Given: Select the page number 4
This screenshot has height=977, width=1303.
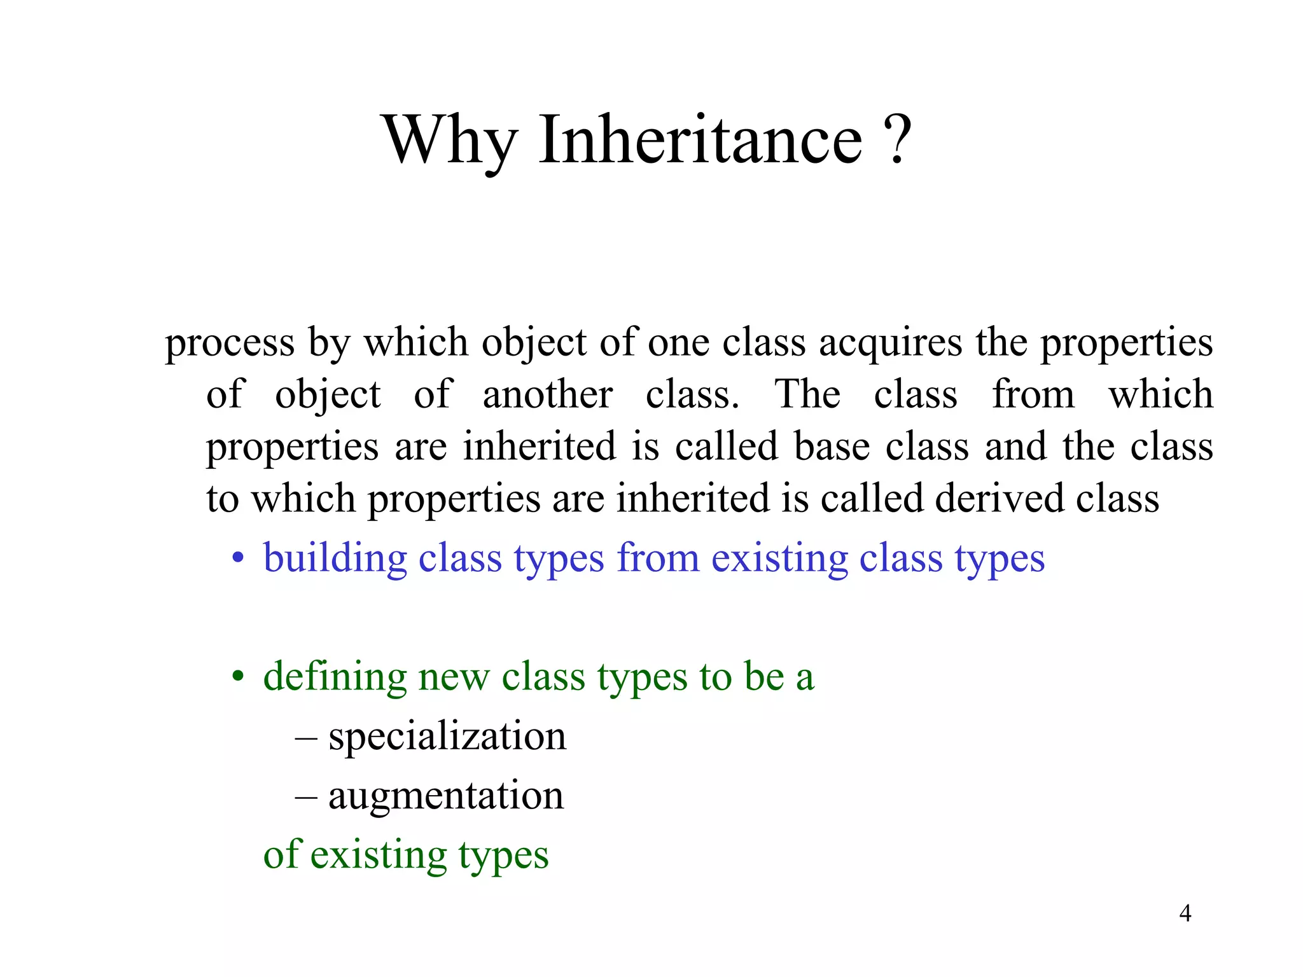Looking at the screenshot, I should (1185, 913).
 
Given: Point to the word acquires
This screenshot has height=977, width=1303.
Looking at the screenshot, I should (890, 343).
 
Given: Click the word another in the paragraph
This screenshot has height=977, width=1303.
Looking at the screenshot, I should (547, 395).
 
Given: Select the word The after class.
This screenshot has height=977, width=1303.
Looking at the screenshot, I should (807, 394).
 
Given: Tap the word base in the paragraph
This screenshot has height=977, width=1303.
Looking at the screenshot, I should (832, 447).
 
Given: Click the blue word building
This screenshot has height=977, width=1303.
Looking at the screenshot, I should (335, 558).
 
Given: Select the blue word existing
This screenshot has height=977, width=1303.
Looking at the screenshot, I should (779, 558).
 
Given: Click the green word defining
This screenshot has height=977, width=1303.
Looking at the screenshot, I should (335, 677).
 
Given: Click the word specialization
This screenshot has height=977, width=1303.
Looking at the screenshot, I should (447, 737).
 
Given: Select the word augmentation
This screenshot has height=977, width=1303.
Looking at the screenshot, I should (445, 796).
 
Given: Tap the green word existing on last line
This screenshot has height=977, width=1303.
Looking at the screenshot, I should (379, 855).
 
